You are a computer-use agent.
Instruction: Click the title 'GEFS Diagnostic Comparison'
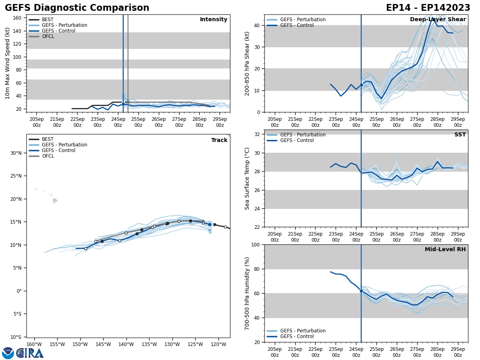point(77,8)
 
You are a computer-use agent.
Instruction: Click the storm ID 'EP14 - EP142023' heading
point(428,8)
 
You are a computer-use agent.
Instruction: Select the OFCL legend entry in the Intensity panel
point(48,36)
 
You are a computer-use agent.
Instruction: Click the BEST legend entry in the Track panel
point(48,139)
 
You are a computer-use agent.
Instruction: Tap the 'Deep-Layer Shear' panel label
point(438,20)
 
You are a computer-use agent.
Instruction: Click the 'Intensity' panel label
point(214,20)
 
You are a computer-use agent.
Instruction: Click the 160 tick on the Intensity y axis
point(17,18)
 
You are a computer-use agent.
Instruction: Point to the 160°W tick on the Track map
point(34,344)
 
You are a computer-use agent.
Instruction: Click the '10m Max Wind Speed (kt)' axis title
point(8,63)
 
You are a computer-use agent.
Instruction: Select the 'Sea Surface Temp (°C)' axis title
point(247,178)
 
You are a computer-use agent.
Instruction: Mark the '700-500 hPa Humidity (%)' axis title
point(247,293)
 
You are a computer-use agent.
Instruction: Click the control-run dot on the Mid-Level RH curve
point(361,291)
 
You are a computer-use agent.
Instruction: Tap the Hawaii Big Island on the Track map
point(55,200)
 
